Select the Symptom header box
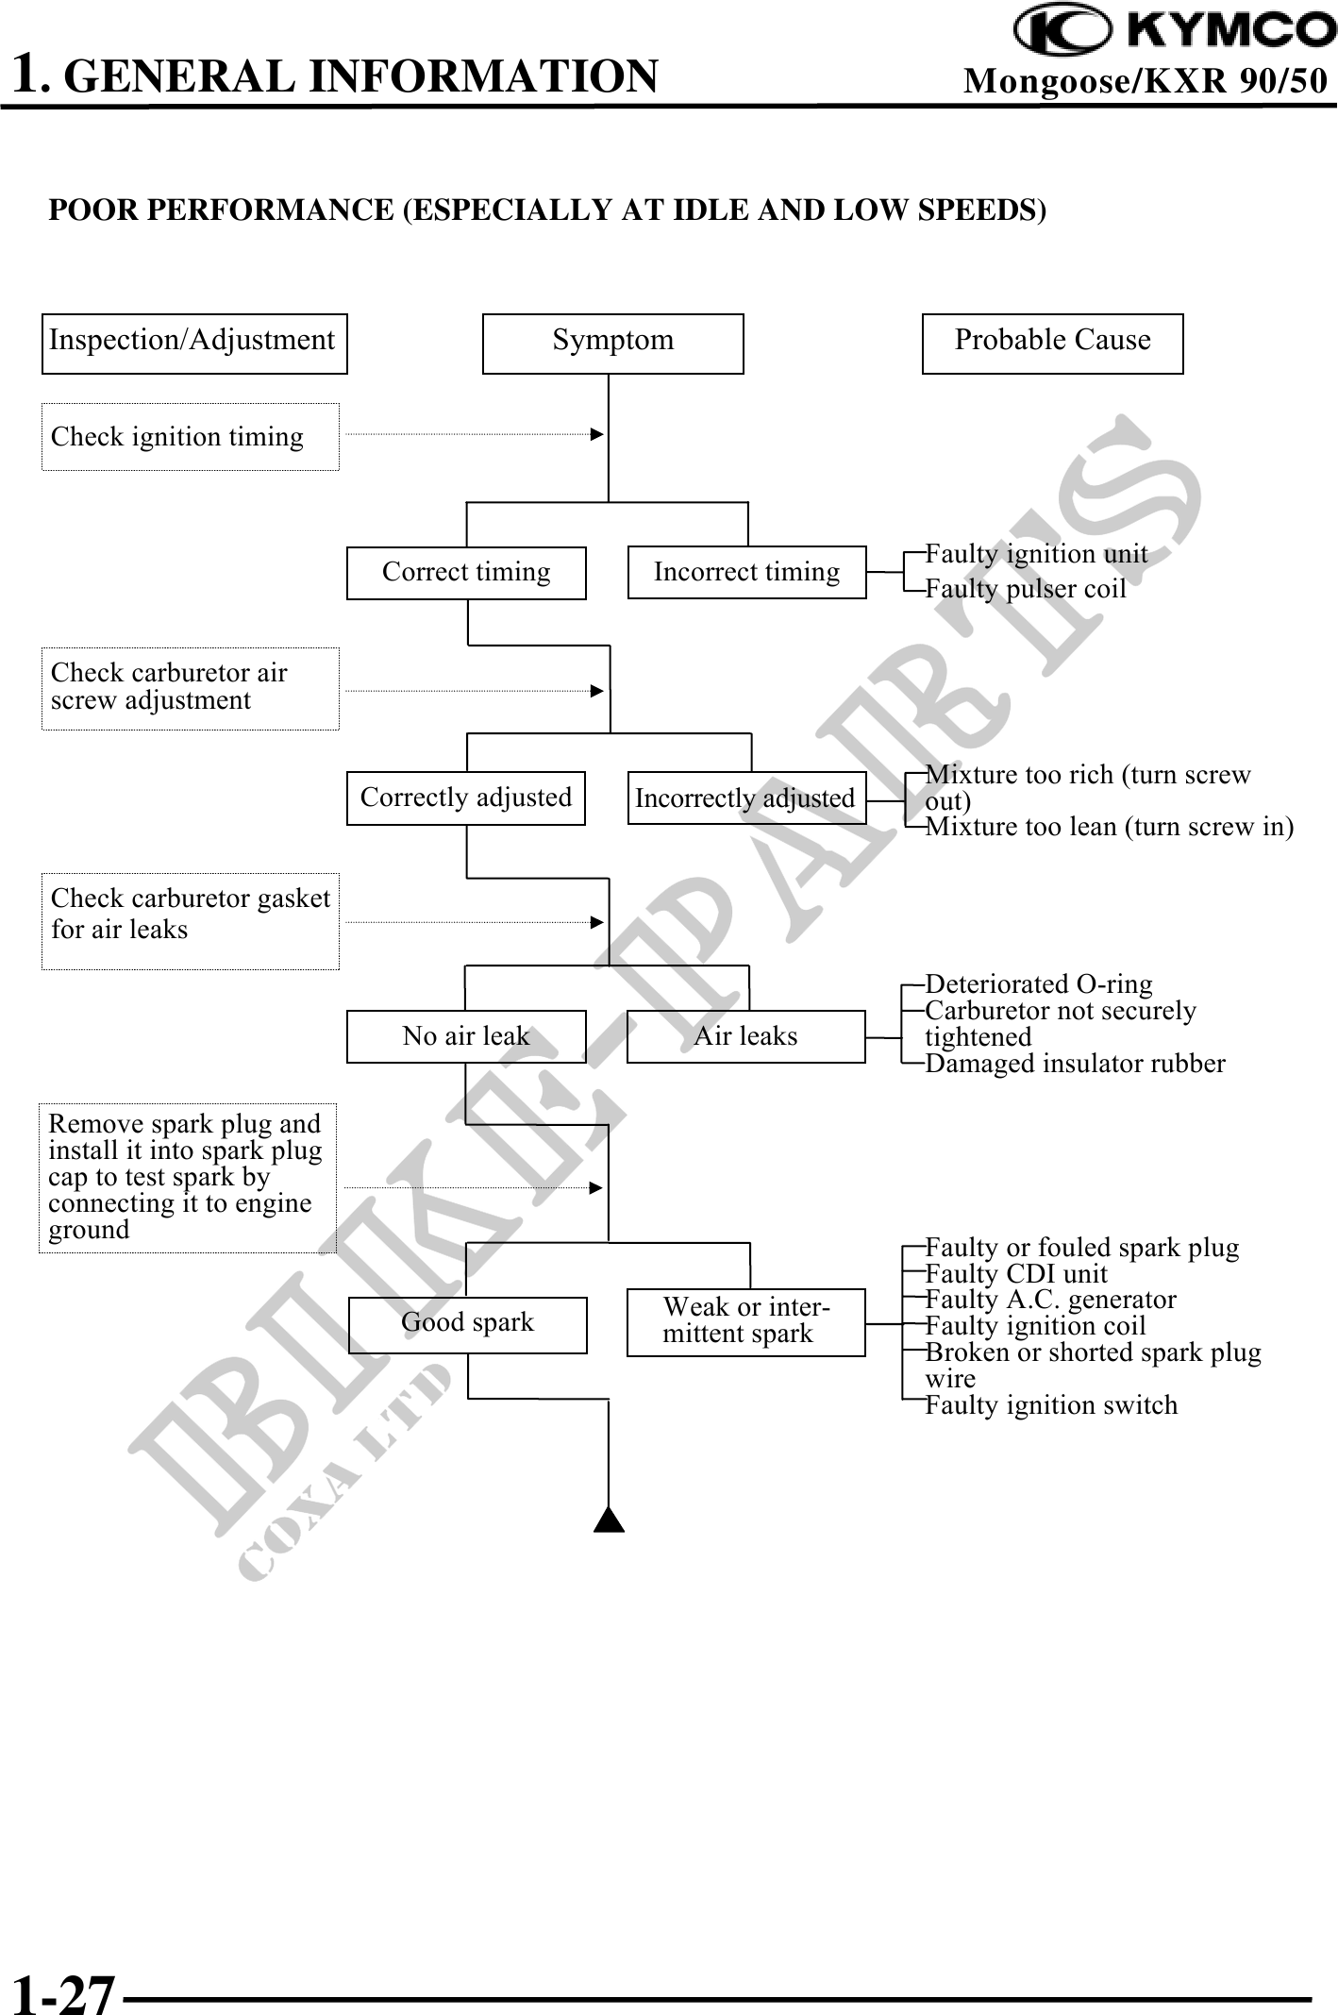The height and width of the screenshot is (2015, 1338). (612, 343)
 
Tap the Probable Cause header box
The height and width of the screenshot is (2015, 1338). (1052, 343)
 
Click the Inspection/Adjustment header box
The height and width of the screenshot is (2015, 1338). (194, 343)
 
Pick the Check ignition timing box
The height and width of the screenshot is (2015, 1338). (190, 437)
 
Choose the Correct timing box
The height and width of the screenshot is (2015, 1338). (466, 573)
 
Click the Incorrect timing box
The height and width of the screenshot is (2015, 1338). (746, 573)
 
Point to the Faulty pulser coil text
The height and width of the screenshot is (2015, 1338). (1026, 589)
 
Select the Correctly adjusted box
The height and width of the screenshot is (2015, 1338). (466, 798)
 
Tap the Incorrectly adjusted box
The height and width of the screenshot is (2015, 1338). (746, 798)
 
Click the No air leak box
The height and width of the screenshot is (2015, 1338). (466, 1036)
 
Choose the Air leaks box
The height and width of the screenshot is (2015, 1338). (746, 1036)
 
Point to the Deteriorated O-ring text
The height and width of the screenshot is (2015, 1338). (1039, 984)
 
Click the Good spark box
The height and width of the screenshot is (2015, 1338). (468, 1322)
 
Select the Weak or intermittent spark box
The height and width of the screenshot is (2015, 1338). (746, 1322)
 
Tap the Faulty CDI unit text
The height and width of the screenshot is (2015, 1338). (1016, 1274)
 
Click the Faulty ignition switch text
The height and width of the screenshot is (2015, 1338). (1051, 1405)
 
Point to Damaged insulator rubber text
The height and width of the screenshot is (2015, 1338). (1075, 1064)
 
